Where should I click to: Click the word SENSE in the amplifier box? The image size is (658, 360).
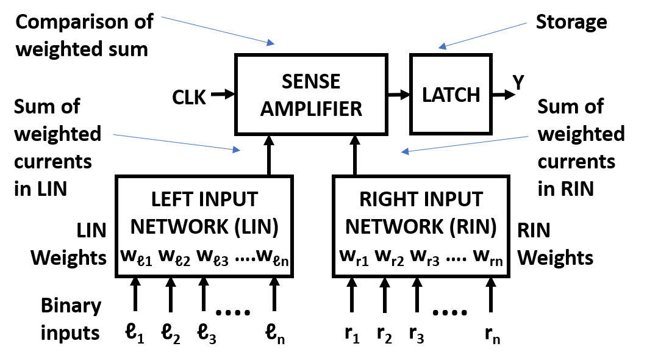pyautogui.click(x=311, y=82)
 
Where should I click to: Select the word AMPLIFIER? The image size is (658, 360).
pyautogui.click(x=311, y=109)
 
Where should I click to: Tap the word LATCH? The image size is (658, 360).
pyautogui.click(x=451, y=95)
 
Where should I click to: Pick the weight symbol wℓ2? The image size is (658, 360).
pyautogui.click(x=174, y=257)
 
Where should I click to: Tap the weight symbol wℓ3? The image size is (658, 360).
pyautogui.click(x=212, y=257)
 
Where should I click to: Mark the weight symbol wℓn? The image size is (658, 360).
pyautogui.click(x=272, y=257)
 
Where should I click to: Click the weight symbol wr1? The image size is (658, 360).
pyautogui.click(x=354, y=257)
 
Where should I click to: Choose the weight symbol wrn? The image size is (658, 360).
pyautogui.click(x=488, y=257)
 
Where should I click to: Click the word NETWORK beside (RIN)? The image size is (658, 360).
pyautogui.click(x=390, y=227)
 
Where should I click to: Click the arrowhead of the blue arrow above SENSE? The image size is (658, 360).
pyautogui.click(x=271, y=43)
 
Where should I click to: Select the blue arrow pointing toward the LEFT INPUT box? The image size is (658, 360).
pyautogui.click(x=177, y=142)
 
